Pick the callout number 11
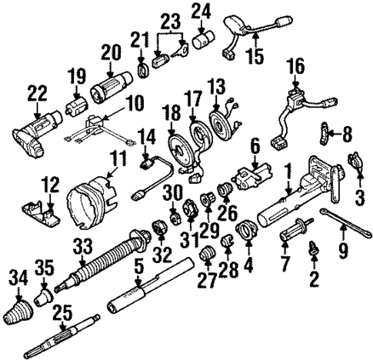pos(116,159)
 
